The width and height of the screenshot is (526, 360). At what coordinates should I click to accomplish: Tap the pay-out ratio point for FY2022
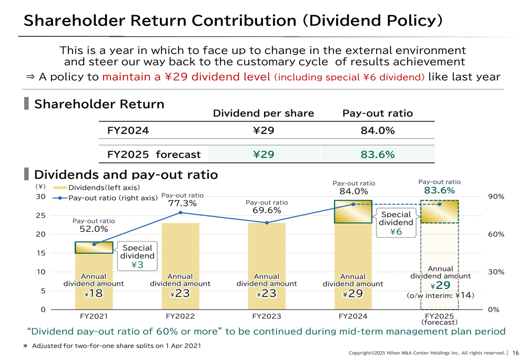coord(180,212)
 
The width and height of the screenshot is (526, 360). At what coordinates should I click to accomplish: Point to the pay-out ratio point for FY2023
coord(267,223)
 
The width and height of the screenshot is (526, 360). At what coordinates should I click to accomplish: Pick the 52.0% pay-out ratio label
coord(94,229)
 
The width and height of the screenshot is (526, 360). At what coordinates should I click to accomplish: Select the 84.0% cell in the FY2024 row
coord(377,130)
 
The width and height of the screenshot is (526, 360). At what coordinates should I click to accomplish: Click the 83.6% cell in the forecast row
coord(377,155)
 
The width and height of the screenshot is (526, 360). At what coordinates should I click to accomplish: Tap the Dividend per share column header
coord(263,114)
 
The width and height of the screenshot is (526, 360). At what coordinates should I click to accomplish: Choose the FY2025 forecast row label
coord(154,155)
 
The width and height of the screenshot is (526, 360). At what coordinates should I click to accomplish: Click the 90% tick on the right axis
coord(496,197)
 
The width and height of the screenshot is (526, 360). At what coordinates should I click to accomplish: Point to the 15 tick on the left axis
coord(41,253)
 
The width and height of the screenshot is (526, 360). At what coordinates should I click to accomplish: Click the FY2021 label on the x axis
coord(94,316)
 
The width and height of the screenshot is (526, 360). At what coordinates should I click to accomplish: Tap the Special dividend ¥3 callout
coord(137,256)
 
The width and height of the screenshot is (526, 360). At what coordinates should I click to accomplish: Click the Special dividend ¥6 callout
coord(396,223)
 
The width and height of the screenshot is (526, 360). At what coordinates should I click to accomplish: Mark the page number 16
coord(515,353)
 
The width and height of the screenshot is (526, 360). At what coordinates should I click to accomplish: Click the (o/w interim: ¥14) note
coord(440,296)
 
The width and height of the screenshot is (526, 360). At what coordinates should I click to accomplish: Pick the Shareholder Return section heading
coord(99,104)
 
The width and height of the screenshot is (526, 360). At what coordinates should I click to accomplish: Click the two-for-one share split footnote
coord(116,346)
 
